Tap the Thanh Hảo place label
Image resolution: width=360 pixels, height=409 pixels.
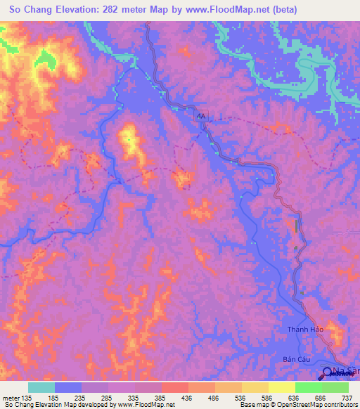(303, 329)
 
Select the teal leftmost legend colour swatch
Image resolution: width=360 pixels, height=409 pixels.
(41, 387)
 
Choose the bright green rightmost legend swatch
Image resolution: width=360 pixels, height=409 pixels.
(335, 387)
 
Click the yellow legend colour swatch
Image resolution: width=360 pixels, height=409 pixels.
(281, 387)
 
